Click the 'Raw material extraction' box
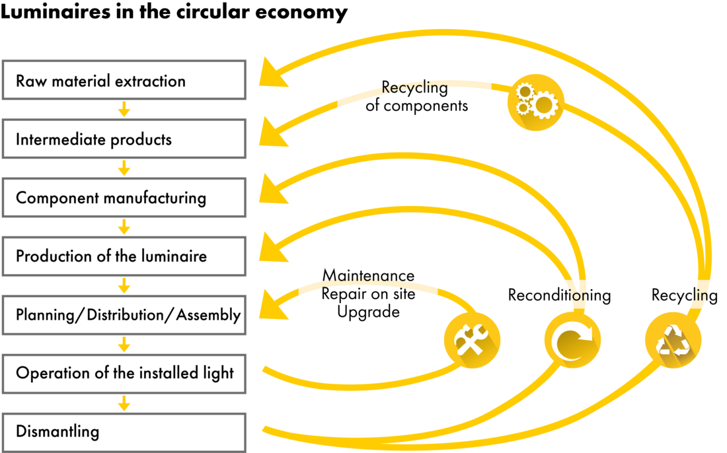point(124,80)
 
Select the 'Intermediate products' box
point(124,139)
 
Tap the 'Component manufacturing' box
point(124,197)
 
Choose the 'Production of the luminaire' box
point(124,256)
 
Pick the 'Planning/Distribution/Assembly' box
point(124,315)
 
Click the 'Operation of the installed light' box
point(124,374)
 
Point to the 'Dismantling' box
point(124,433)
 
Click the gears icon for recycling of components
point(535,102)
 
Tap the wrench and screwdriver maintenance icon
point(472,341)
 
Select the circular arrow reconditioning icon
point(572,341)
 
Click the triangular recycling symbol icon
point(673,341)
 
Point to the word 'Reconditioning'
point(559,295)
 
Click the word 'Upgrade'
point(368,312)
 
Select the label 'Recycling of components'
point(416,96)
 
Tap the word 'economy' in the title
point(301,12)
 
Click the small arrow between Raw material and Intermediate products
point(124,110)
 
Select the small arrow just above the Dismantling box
point(124,403)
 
